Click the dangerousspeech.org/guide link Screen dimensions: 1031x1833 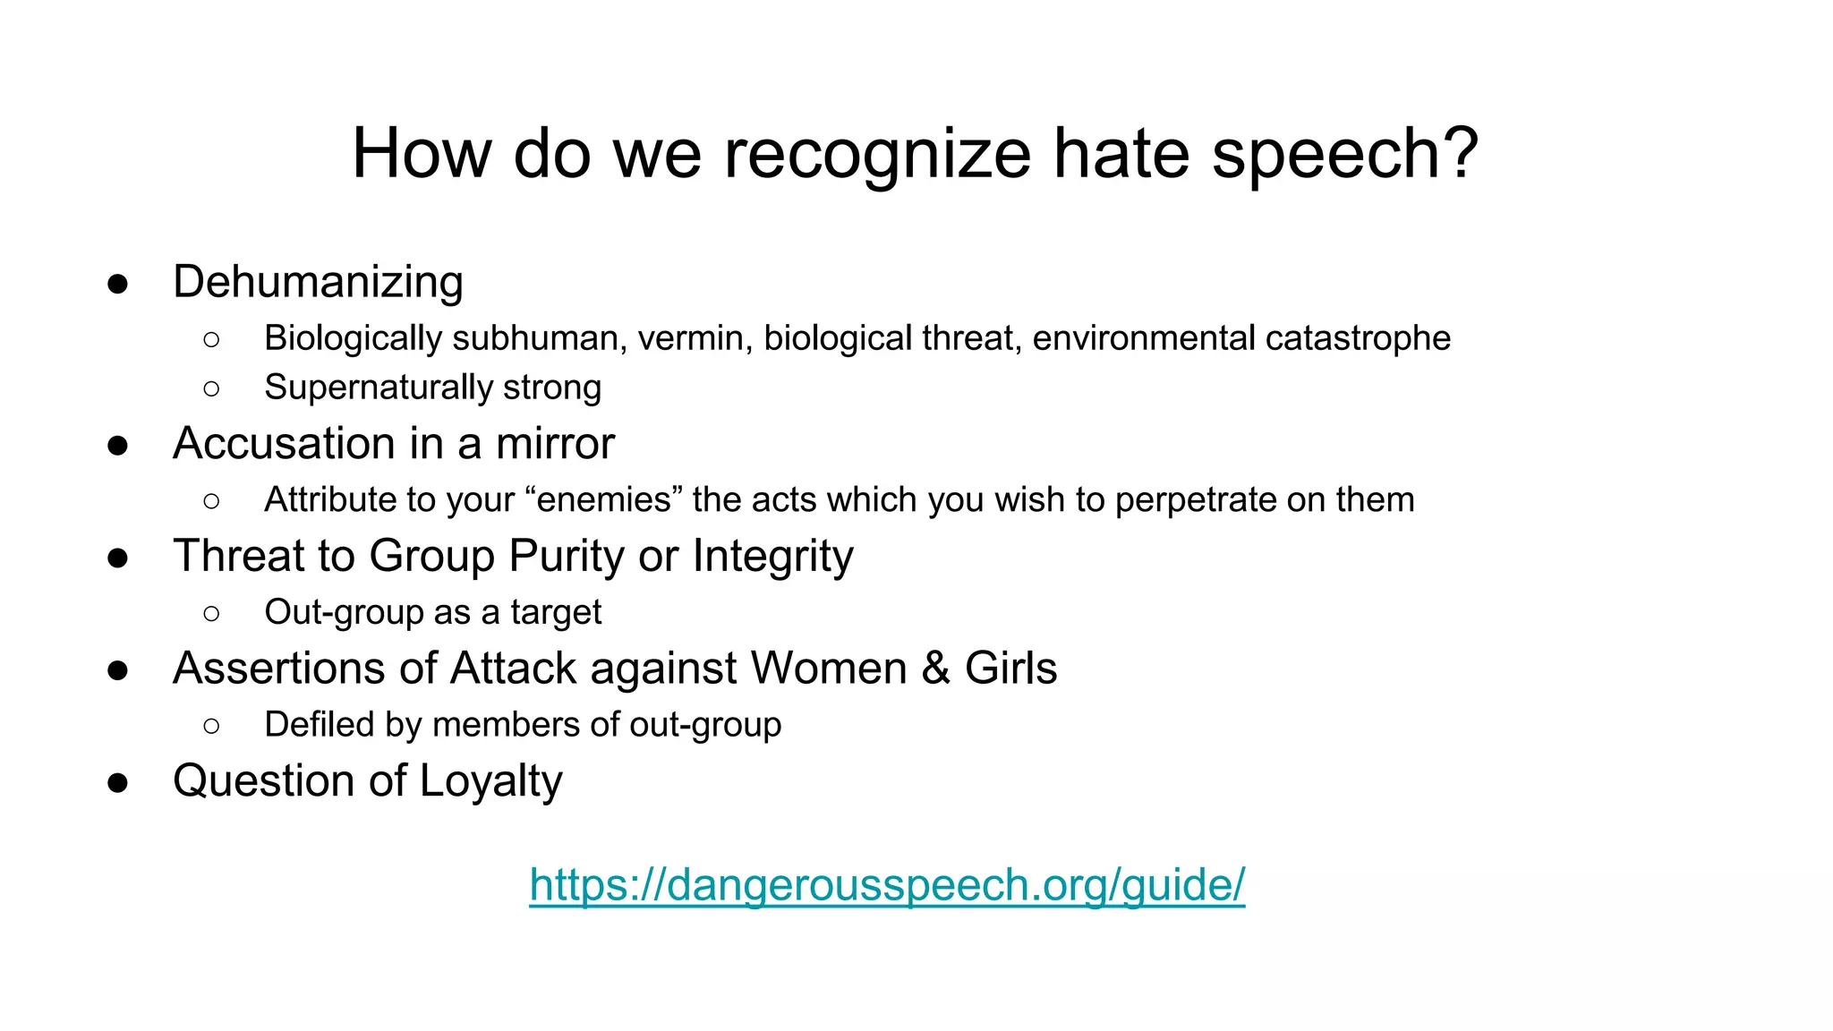886,885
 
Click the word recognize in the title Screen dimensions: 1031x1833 877,154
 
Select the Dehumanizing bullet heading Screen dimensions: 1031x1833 318,282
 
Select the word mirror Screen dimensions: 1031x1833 555,444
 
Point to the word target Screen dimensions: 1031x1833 556,612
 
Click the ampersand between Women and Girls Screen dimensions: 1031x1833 935,669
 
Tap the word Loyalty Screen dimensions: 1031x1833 490,781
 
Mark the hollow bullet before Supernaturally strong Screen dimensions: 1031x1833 211,388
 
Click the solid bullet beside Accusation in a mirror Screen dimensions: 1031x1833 117,445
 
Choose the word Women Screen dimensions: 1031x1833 829,669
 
